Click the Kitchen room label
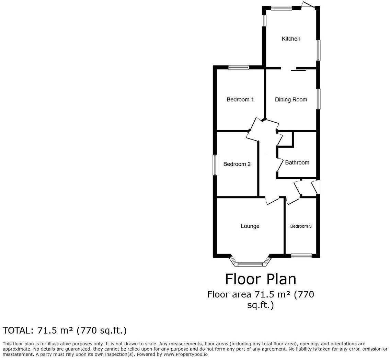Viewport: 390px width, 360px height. point(291,39)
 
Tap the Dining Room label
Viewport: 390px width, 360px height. point(291,100)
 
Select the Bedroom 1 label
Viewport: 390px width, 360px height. point(240,100)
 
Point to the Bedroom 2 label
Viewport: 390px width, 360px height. point(237,164)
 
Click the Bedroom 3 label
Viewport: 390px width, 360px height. point(301,226)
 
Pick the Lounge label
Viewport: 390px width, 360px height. point(250,226)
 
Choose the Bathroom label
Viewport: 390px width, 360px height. point(297,162)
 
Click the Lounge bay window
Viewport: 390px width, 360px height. point(250,264)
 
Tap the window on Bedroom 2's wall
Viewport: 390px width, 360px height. point(215,165)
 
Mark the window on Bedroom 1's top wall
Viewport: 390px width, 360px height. point(239,68)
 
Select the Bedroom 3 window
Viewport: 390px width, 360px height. point(301,256)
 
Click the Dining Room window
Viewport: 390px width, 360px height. point(318,99)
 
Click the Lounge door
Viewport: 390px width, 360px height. point(272,201)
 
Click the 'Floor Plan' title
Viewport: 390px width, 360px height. point(261,279)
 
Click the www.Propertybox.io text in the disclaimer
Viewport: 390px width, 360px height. point(185,354)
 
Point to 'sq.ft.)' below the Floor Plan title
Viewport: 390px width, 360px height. point(261,305)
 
